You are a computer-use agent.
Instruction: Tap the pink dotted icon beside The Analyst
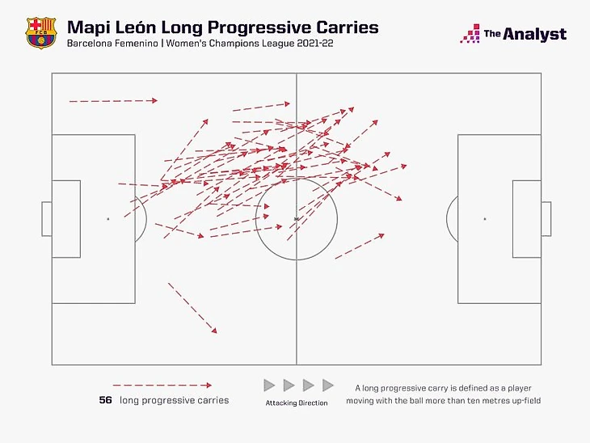(x=470, y=34)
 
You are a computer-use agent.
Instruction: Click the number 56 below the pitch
(x=105, y=400)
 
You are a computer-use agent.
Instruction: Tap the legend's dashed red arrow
(x=162, y=386)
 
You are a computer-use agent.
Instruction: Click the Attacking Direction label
(x=297, y=403)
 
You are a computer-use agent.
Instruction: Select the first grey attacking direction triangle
(x=270, y=386)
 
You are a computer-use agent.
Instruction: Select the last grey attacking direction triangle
(x=327, y=386)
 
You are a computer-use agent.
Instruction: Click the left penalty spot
(x=107, y=218)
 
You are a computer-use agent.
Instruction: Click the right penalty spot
(x=485, y=218)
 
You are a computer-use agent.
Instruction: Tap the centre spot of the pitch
(x=296, y=218)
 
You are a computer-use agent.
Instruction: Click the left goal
(x=47, y=218)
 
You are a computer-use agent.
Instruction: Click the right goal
(x=546, y=218)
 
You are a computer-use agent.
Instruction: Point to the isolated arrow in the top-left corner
(x=113, y=101)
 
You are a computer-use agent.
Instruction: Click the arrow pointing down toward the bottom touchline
(x=192, y=308)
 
